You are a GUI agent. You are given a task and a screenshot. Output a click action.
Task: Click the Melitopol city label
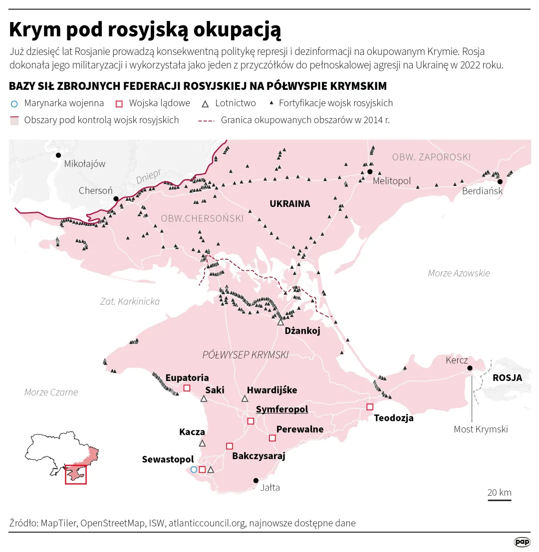pos(392,181)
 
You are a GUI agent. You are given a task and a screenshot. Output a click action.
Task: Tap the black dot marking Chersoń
pos(116,198)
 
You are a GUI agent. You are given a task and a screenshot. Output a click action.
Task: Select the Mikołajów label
pos(85,164)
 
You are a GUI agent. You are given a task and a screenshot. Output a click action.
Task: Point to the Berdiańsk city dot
pos(500,182)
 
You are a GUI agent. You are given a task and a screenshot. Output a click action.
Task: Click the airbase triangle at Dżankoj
pos(280,323)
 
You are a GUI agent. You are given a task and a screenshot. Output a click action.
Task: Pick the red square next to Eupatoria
pos(187,388)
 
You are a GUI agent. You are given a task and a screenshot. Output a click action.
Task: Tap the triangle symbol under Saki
pos(204,399)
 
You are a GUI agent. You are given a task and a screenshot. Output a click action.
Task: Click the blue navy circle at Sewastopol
pos(194,469)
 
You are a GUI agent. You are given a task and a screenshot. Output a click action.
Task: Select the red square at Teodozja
pos(370,406)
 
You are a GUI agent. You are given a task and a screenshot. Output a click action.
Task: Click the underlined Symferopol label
pos(281,409)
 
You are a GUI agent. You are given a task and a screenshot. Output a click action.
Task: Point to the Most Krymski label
pos(480,429)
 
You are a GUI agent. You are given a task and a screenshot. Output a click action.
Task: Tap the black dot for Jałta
pos(256,481)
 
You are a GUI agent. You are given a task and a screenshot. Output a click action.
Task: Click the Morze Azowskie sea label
pos(459,273)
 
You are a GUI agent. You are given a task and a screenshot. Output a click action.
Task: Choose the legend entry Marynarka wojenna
pos(63,103)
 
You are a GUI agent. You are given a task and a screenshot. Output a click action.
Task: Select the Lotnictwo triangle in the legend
pos(205,104)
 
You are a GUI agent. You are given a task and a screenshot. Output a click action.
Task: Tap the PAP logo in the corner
pos(522,542)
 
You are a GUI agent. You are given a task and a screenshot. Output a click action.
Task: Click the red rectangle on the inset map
pos(76,474)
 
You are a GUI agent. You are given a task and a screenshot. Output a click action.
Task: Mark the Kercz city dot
pos(469,368)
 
